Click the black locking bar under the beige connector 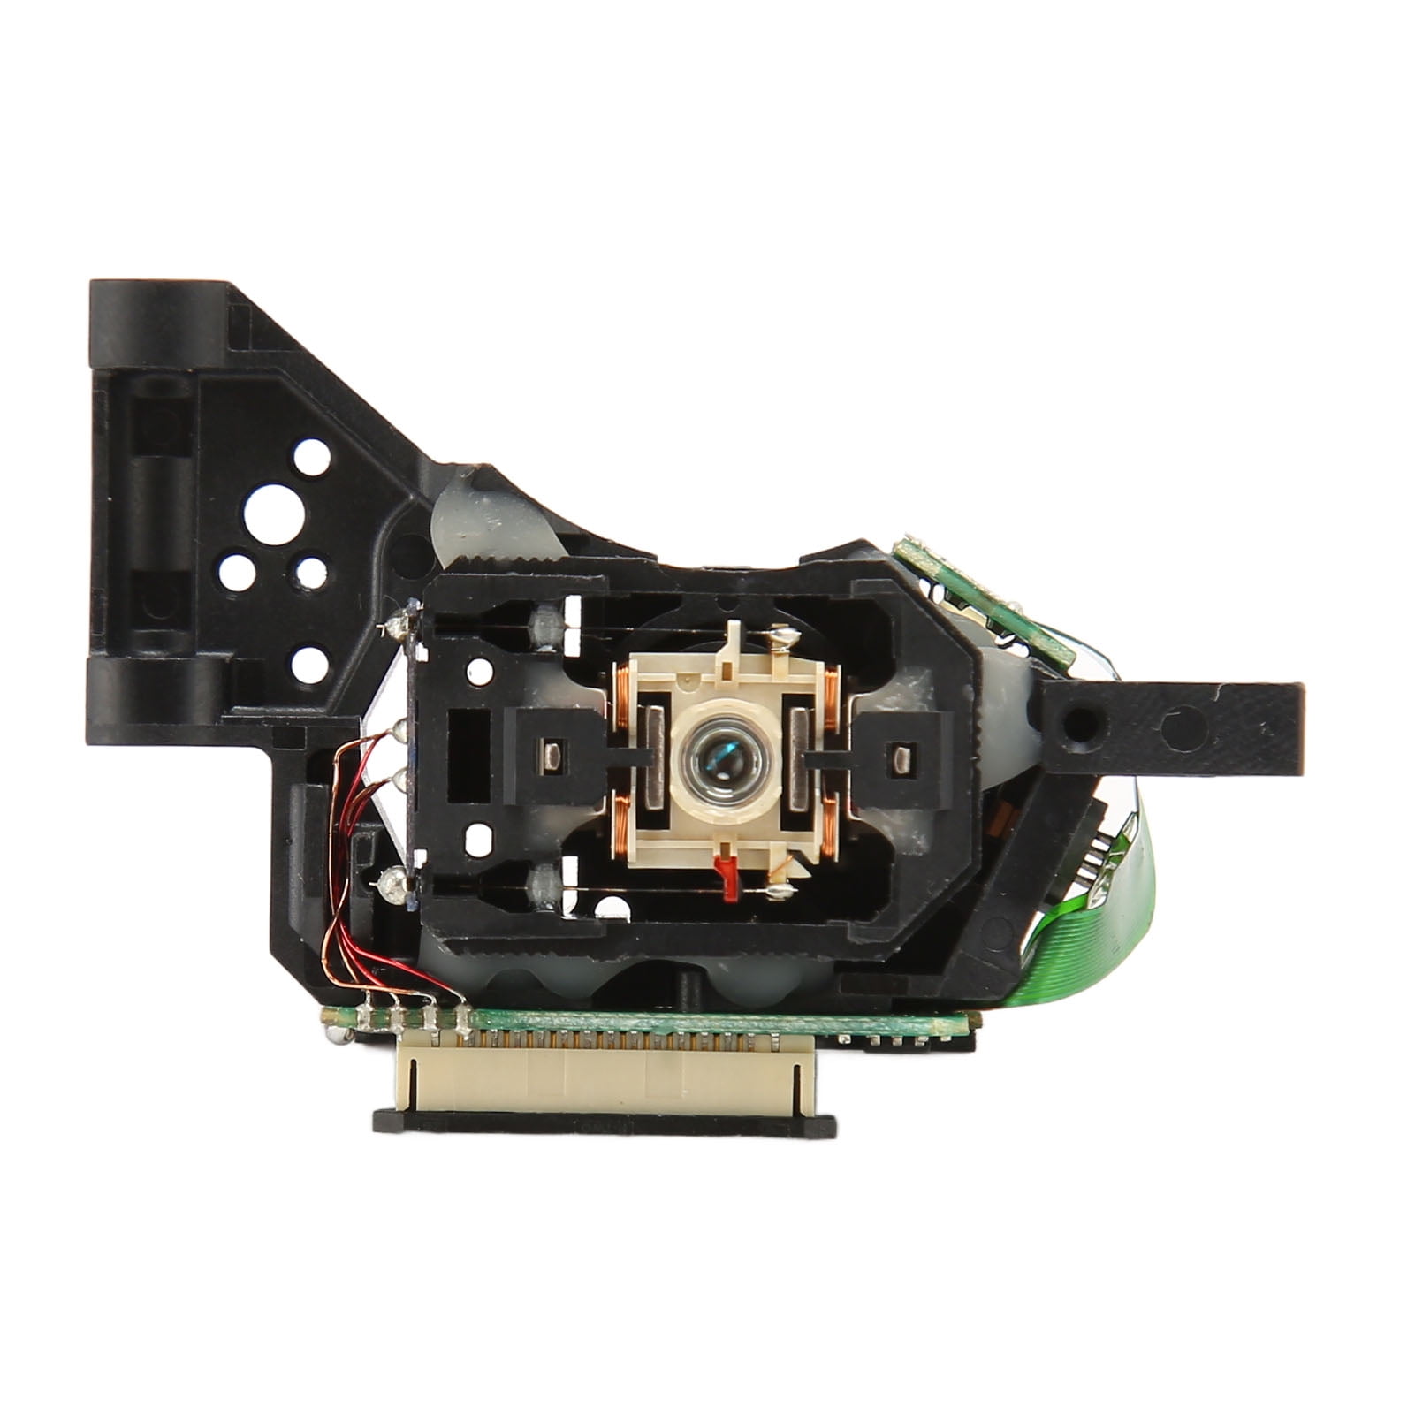pyautogui.click(x=605, y=1124)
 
